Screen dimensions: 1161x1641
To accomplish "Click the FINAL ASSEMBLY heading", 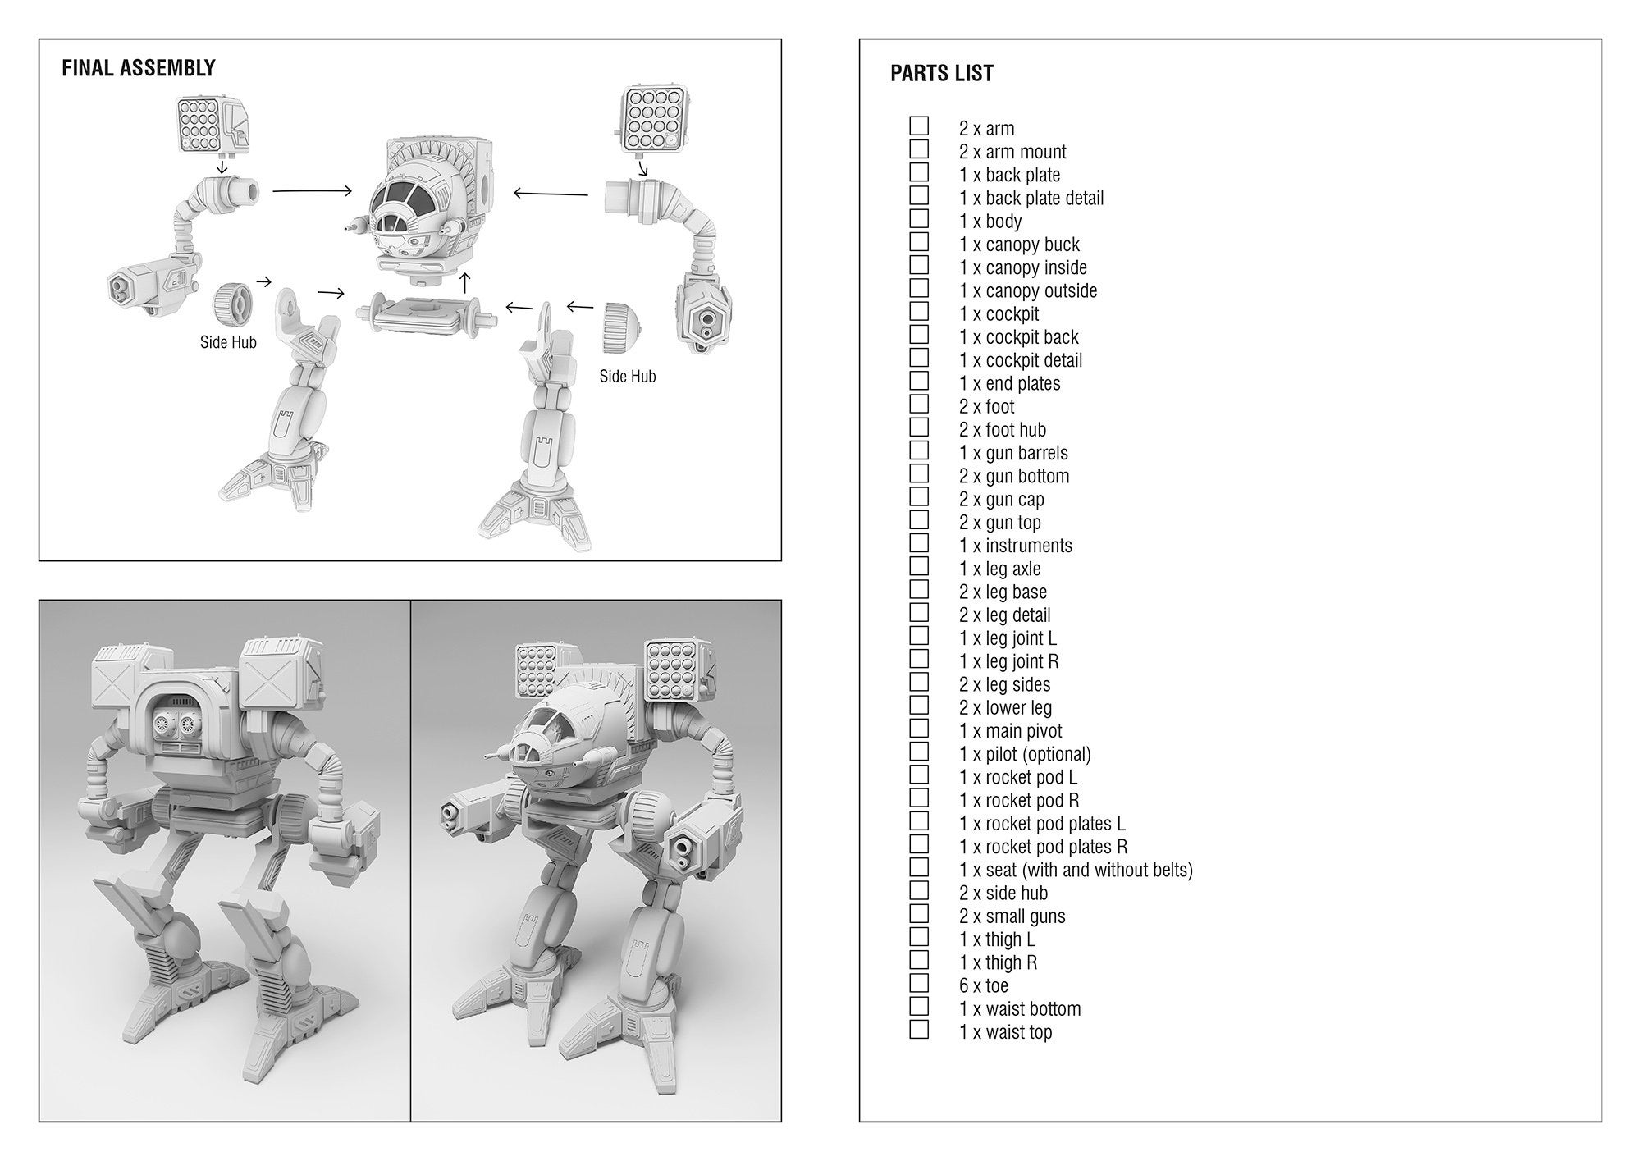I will point(138,68).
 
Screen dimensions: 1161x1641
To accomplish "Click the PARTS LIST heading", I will point(941,74).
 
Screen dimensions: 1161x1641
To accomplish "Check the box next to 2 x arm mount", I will point(919,149).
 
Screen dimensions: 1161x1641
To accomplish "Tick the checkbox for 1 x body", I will point(919,219).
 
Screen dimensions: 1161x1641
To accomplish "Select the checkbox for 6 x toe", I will point(919,983).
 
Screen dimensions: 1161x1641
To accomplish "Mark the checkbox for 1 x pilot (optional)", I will point(919,752).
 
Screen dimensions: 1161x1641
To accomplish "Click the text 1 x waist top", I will point(1005,1032).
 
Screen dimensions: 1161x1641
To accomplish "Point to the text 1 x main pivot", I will point(1010,731).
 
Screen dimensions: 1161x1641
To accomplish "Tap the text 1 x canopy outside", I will point(1027,290).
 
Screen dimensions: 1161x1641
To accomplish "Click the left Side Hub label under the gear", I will point(228,342).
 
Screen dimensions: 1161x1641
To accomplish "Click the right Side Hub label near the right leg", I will point(627,376).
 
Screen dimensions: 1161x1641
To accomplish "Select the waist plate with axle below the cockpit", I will point(425,313).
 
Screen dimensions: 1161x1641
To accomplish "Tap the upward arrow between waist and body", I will point(465,282).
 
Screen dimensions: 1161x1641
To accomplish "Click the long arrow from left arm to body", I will point(311,191).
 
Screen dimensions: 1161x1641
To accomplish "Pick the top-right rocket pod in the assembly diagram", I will point(650,118).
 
